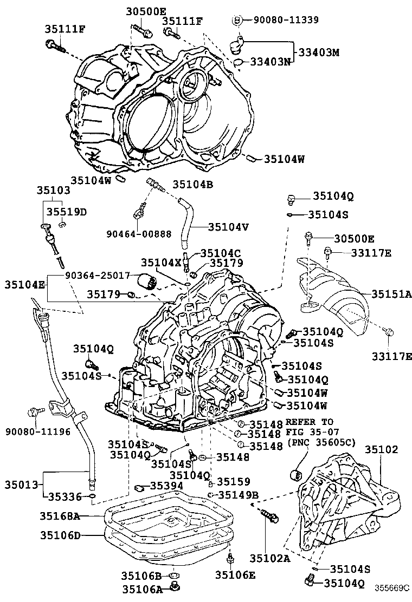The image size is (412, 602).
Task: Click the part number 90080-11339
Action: coord(283,20)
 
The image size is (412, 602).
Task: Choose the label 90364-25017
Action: coord(98,276)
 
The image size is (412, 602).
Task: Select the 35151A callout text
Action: coord(391,294)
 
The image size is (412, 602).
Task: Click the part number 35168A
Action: coord(60,516)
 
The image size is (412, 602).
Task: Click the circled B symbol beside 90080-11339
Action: coord(237,20)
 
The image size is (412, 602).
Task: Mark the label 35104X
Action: coord(161,262)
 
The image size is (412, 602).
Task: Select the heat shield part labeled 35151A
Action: coord(342,303)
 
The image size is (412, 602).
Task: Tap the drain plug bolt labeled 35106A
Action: coord(175,586)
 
